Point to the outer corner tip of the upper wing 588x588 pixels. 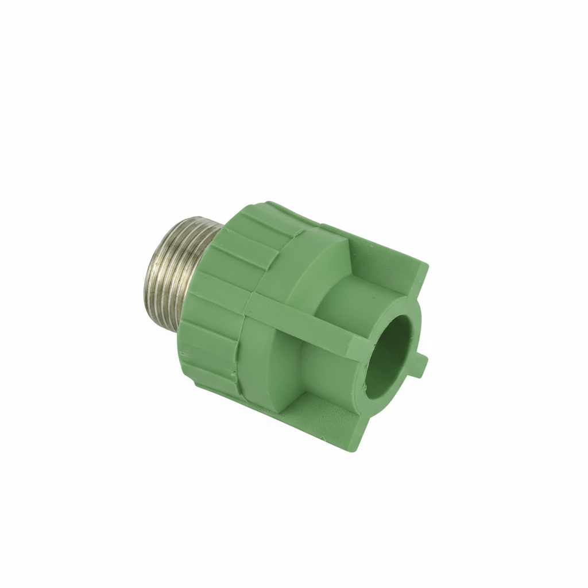pos(426,266)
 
